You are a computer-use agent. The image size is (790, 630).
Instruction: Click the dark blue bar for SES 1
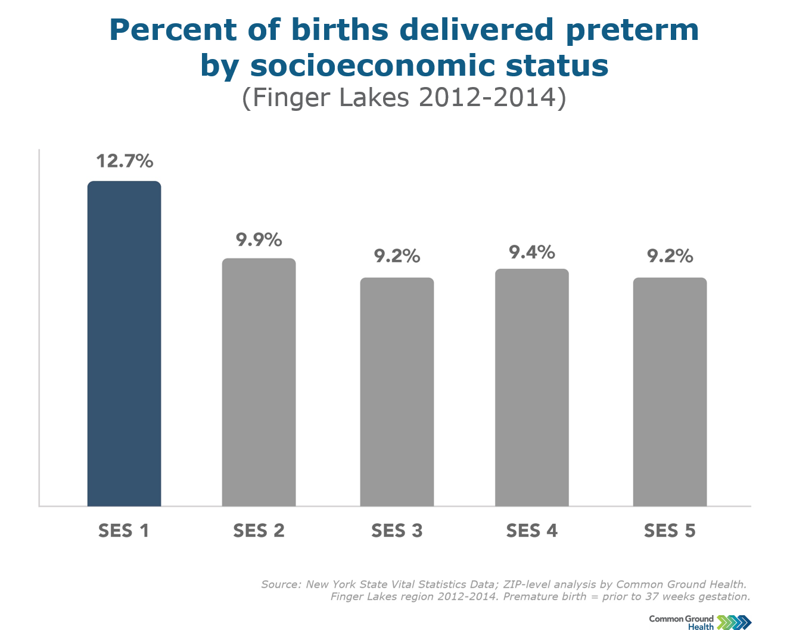coord(124,343)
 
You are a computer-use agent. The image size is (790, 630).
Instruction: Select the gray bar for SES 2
coord(259,382)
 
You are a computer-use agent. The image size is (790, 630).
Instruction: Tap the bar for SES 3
coord(397,392)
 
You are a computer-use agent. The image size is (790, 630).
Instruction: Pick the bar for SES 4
coord(531,387)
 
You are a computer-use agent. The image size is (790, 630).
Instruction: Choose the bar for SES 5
coord(670,392)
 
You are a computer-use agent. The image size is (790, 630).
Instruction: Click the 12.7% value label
coord(125,161)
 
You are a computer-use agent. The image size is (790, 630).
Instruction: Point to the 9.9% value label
coord(259,240)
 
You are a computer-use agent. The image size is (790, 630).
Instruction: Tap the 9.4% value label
coord(531,253)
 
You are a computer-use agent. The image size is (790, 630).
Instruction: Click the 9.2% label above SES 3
coord(397,256)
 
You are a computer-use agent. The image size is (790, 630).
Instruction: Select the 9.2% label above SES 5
coord(670,256)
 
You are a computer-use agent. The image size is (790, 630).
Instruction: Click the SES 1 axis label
coord(123,530)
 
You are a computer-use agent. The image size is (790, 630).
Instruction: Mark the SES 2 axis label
coord(259,530)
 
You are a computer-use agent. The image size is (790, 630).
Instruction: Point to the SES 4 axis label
coord(531,530)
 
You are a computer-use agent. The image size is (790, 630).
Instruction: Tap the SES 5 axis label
coord(670,530)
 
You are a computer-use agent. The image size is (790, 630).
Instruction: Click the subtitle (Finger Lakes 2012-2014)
coord(404,98)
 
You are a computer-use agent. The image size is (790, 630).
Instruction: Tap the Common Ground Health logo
coord(700,622)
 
